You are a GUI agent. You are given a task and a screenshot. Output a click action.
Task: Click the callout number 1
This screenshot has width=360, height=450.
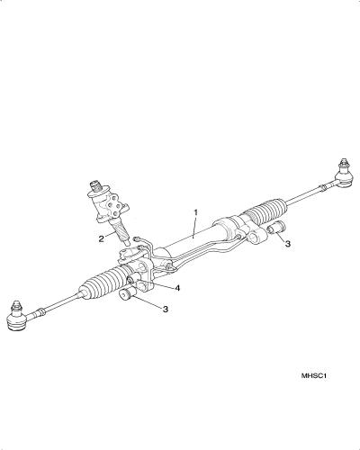pyautogui.click(x=195, y=212)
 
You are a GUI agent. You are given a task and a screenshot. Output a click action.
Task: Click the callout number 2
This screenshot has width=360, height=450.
pyautogui.click(x=102, y=238)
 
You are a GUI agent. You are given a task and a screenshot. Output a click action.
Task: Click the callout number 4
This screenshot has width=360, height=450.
pyautogui.click(x=177, y=288)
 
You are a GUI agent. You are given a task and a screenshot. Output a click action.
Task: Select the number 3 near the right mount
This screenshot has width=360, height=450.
pyautogui.click(x=288, y=244)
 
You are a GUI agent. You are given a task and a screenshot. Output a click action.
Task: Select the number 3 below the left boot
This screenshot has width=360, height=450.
pyautogui.click(x=166, y=309)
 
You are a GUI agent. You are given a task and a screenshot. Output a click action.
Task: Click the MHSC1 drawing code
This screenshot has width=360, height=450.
pyautogui.click(x=314, y=375)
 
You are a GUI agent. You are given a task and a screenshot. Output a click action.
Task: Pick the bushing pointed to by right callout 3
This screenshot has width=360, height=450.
pyautogui.click(x=277, y=227)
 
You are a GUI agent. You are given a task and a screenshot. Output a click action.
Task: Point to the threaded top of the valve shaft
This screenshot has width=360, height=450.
pyautogui.click(x=95, y=185)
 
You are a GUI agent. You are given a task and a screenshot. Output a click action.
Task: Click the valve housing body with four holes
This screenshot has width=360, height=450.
pyautogui.click(x=110, y=206)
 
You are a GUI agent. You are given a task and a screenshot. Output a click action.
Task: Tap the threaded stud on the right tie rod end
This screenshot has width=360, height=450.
pyautogui.click(x=344, y=164)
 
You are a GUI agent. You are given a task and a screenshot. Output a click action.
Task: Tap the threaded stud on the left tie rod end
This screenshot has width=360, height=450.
pyautogui.click(x=17, y=307)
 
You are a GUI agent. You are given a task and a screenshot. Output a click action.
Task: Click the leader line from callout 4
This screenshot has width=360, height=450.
pyautogui.click(x=155, y=284)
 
